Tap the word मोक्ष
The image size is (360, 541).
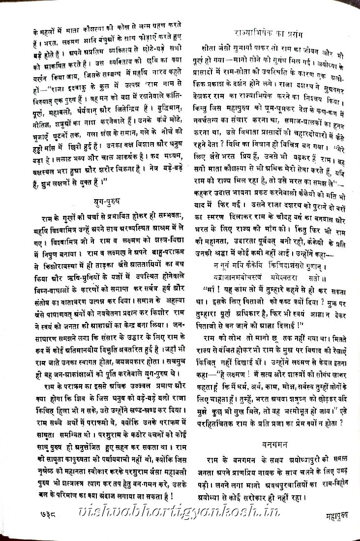272,387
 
